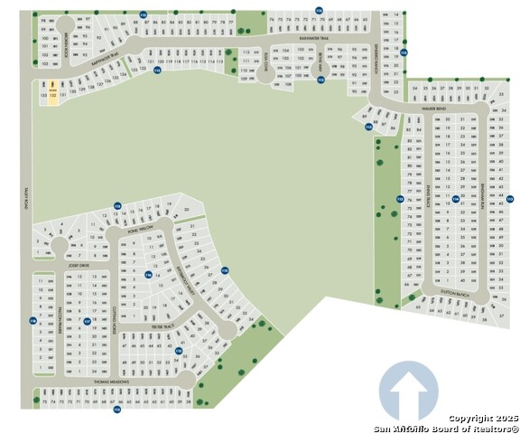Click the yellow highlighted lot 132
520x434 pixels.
tap(53, 93)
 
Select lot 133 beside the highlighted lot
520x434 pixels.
tap(43, 93)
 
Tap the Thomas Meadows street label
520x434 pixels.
tap(112, 382)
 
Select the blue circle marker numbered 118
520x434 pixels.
tap(32, 321)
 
